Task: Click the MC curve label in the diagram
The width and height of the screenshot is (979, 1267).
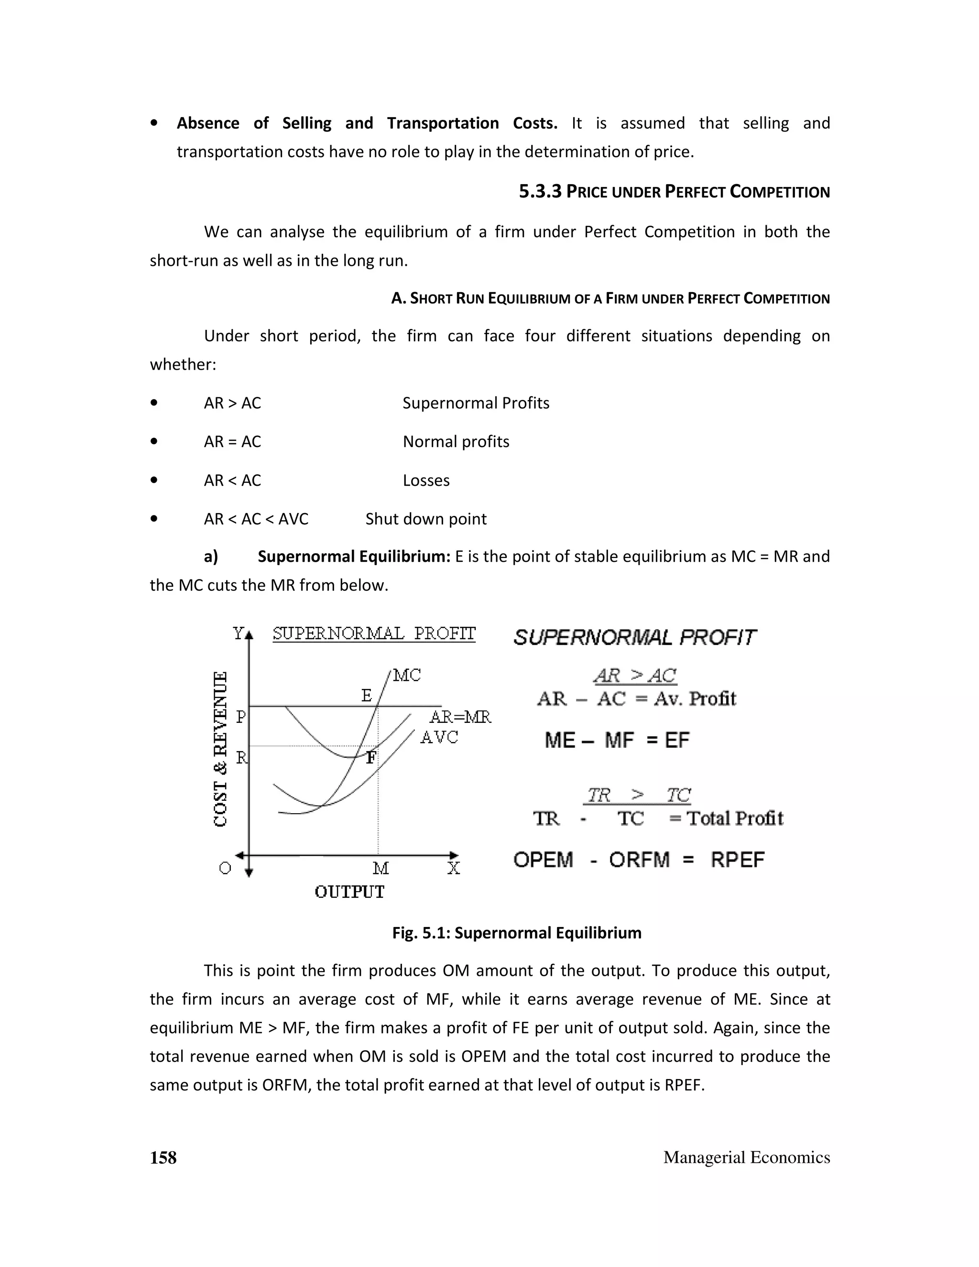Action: pos(407,675)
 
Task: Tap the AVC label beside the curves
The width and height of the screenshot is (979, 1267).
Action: pos(439,737)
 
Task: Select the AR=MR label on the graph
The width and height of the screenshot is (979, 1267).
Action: pos(460,717)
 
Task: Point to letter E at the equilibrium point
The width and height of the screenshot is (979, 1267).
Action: pos(367,696)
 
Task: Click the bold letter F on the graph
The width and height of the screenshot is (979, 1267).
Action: pos(371,758)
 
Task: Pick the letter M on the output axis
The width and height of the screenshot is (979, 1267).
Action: pos(381,868)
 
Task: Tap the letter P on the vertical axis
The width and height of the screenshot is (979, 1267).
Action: pos(241,718)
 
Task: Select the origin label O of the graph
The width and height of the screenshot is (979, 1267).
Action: pos(225,868)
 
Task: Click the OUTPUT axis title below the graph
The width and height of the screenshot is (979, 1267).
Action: pos(349,892)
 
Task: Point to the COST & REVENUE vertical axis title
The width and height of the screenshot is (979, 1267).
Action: pos(220,749)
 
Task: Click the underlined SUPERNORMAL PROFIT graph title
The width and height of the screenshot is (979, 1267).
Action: pos(374,633)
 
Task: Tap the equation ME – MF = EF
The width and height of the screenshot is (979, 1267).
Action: pos(617,741)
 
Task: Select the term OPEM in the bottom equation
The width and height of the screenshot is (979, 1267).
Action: pos(543,860)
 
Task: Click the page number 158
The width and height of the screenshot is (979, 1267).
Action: pos(163,1158)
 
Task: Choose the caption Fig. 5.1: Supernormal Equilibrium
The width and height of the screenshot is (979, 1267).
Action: pos(517,933)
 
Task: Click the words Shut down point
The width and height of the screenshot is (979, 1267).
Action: pos(426,519)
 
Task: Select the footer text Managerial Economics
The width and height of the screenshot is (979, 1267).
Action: pos(746,1158)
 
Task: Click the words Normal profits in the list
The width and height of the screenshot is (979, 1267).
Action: pos(456,442)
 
